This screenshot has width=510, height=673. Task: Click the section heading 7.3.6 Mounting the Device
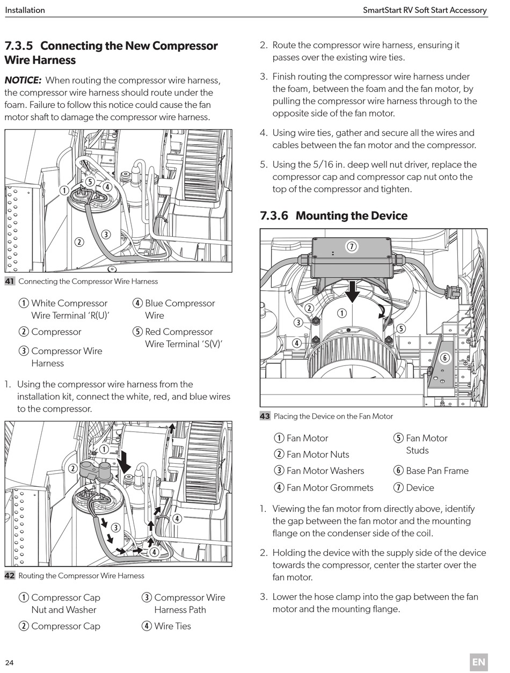(x=333, y=216)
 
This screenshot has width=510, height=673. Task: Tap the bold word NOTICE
(x=23, y=81)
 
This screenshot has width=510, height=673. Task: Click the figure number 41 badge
(x=10, y=281)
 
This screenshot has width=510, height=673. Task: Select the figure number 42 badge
(x=10, y=576)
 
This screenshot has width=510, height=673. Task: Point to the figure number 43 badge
(x=265, y=416)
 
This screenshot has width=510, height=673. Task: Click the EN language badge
(x=479, y=662)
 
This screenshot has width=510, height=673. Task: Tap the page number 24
(x=10, y=662)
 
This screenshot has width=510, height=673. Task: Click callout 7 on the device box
(x=352, y=247)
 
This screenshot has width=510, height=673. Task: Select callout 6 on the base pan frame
(x=444, y=358)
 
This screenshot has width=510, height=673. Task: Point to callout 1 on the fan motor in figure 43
(x=341, y=313)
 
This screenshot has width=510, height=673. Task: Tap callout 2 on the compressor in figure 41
(x=79, y=242)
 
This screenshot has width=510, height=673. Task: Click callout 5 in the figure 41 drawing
(x=90, y=182)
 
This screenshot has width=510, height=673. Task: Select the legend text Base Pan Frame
(x=437, y=471)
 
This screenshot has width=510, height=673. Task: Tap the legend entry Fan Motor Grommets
(x=330, y=488)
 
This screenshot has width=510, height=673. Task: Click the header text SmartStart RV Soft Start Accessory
(x=425, y=10)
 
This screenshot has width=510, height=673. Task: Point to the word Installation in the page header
(x=25, y=10)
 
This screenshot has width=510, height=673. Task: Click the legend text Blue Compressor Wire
(x=179, y=309)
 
